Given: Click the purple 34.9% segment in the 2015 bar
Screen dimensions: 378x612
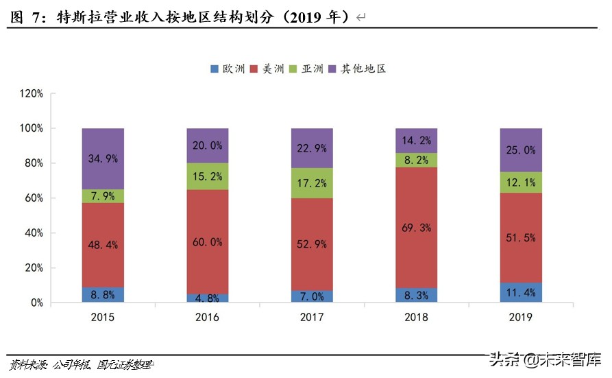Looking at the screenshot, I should pyautogui.click(x=103, y=158).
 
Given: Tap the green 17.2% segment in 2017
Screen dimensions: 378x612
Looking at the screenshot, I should pyautogui.click(x=312, y=183).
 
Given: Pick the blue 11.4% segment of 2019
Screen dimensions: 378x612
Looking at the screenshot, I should pyautogui.click(x=521, y=292).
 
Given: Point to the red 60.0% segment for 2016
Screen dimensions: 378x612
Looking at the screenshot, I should pyautogui.click(x=207, y=241).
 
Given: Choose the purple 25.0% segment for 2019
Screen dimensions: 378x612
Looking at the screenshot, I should pyautogui.click(x=521, y=150).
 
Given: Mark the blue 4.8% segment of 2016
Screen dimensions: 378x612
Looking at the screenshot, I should pyautogui.click(x=207, y=298).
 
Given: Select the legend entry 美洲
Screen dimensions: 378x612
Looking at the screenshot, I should pyautogui.click(x=269, y=69).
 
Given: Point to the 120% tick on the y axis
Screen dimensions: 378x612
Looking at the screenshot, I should pyautogui.click(x=32, y=93).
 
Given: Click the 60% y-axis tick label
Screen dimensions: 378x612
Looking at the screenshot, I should pyautogui.click(x=34, y=198).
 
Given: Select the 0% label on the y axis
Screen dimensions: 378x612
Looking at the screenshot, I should pyautogui.click(x=36, y=303).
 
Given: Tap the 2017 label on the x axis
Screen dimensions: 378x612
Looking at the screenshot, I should pyautogui.click(x=312, y=317).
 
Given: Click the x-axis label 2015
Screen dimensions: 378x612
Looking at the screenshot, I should pyautogui.click(x=103, y=317).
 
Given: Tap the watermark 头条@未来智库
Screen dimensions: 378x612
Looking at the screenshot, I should pyautogui.click(x=544, y=359).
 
